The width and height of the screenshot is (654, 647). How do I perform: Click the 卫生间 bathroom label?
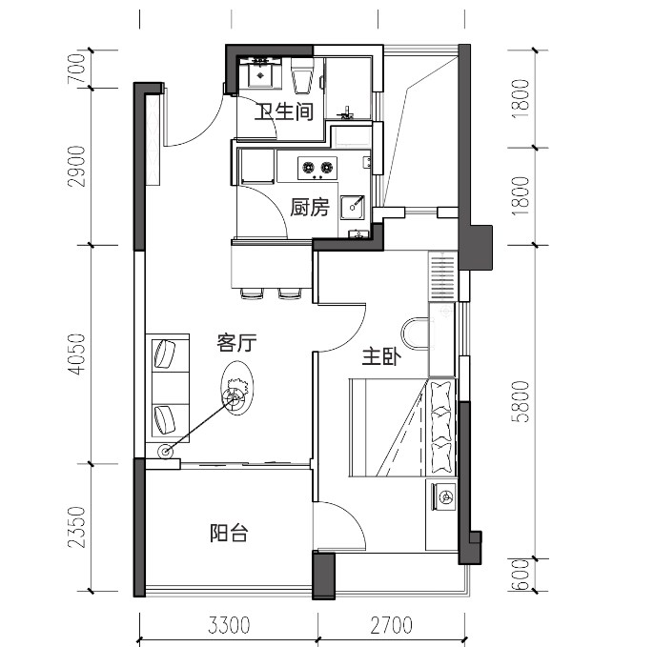pos(284,111)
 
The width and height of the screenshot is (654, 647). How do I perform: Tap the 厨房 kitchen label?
pos(310,207)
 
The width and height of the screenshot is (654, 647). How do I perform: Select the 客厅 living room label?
pos(236,343)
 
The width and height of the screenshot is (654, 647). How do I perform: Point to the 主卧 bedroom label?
pos(381,357)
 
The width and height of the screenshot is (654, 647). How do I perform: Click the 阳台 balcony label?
pos(229,533)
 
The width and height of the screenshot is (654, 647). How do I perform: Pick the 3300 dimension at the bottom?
pos(230,625)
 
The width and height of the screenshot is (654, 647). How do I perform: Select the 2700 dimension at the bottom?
pos(391,625)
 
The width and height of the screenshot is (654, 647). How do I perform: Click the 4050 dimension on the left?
pos(76,354)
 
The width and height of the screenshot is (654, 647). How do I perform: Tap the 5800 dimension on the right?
pos(521,401)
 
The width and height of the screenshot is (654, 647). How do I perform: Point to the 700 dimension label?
pos(76,69)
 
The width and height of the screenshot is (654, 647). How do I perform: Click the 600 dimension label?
pos(521,575)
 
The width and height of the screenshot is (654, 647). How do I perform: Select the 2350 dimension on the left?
pos(76,527)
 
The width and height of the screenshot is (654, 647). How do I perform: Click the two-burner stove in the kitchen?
pos(317,168)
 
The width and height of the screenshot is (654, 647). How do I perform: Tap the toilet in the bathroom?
pos(302,76)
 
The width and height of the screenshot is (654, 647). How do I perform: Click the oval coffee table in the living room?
pos(236,389)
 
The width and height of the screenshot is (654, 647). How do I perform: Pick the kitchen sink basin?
pos(353,207)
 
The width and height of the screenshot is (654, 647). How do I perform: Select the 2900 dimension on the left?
pos(76,166)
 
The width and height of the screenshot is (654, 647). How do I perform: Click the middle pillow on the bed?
pos(440,426)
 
